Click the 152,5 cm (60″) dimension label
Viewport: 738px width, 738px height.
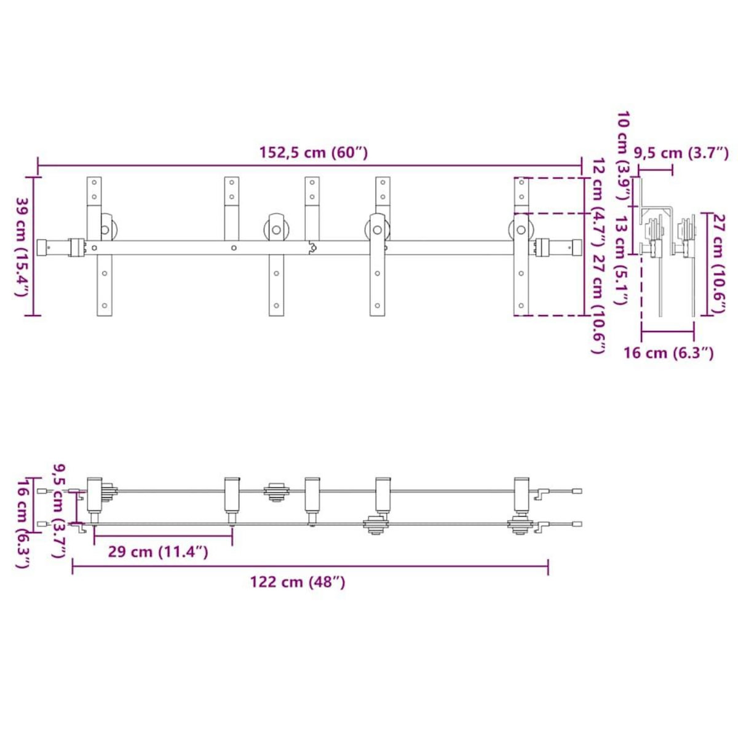[x=313, y=153]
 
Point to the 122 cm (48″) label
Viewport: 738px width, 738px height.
[x=298, y=582]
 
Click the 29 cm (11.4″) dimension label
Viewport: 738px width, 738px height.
[x=158, y=552]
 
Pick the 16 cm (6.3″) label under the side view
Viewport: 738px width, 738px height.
[x=669, y=353]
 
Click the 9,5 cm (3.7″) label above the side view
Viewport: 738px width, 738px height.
[x=681, y=153]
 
